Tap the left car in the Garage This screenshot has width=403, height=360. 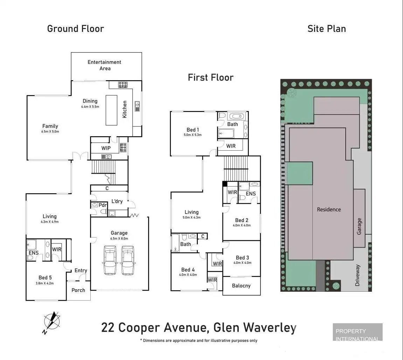[110, 260]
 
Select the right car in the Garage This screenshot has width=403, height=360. [127, 260]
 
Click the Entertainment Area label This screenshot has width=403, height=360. [104, 65]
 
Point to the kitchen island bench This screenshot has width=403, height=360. [112, 110]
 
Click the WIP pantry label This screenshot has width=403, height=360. [106, 148]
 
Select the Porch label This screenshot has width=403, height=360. [78, 290]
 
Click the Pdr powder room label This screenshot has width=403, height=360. [103, 205]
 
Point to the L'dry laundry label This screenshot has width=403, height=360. [117, 201]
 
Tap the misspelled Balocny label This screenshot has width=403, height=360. [241, 285]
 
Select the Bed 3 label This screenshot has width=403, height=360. [242, 258]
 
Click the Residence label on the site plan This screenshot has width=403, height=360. [329, 209]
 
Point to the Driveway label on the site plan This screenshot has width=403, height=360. [357, 275]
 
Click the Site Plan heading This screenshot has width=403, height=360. [327, 29]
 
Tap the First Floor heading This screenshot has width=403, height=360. [210, 77]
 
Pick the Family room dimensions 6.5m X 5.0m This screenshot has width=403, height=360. [50, 132]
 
